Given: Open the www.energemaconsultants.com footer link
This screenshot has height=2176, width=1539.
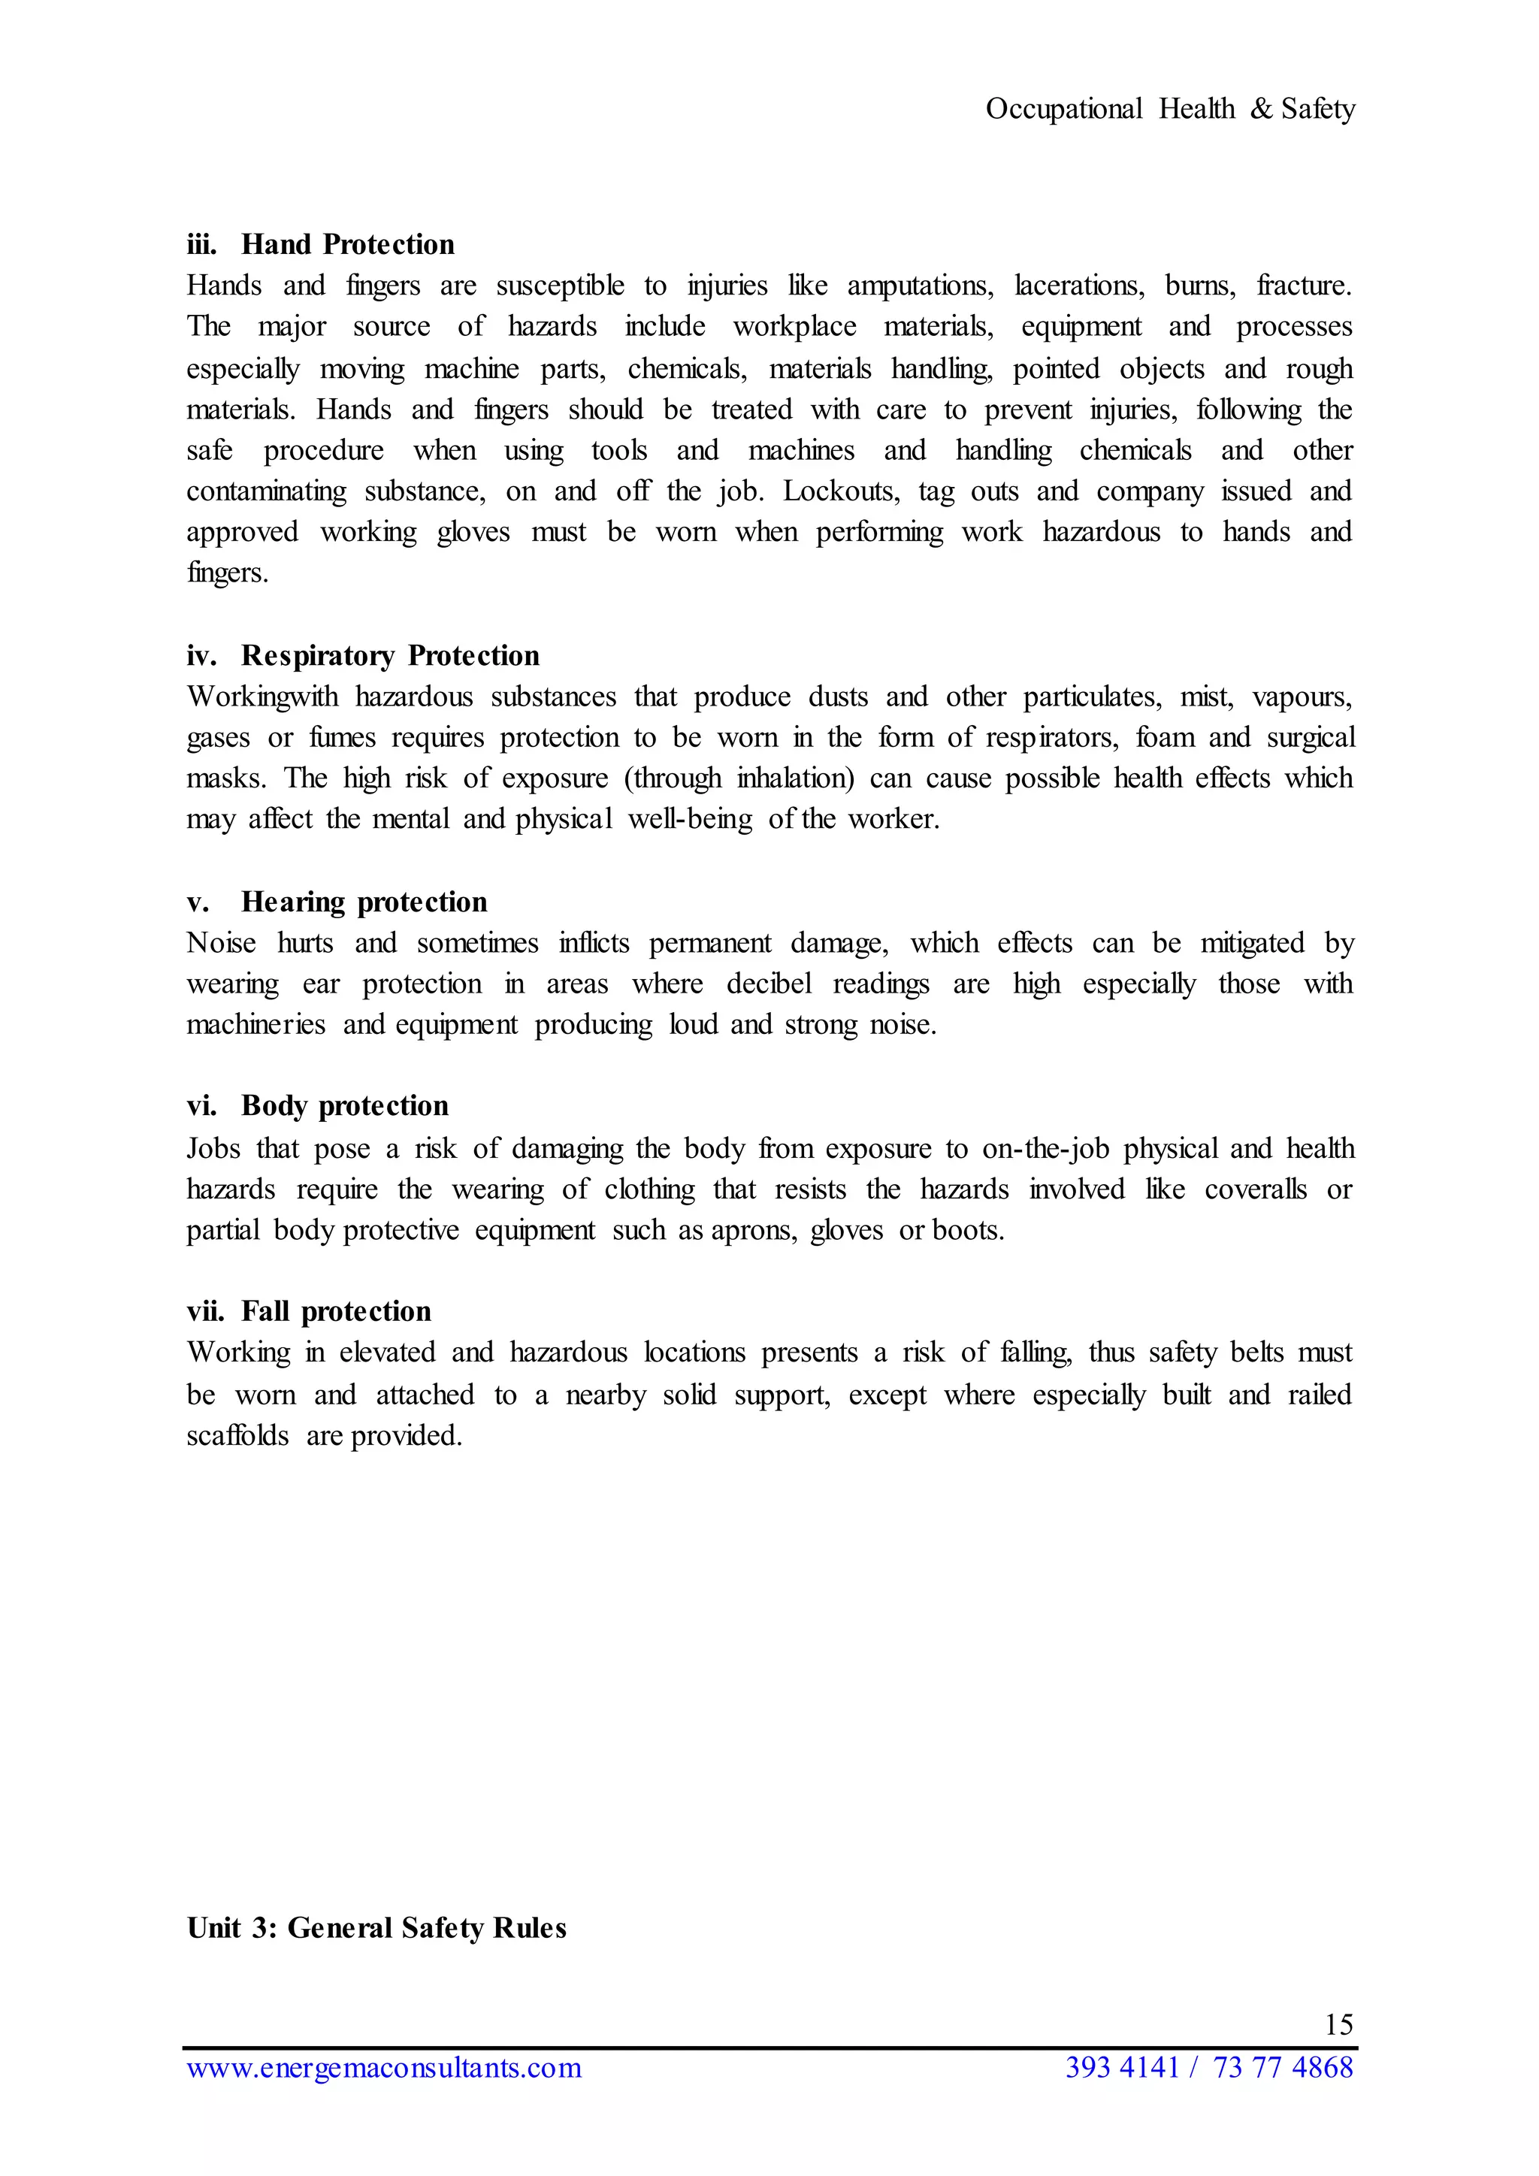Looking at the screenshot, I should [384, 2067].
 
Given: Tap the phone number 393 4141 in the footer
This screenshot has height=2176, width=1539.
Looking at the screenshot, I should [1122, 2067].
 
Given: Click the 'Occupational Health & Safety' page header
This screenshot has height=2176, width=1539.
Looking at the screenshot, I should [1170, 109].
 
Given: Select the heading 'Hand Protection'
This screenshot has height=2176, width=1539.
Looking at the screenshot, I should [348, 244].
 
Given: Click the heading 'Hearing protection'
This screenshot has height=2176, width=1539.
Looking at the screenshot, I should [364, 902].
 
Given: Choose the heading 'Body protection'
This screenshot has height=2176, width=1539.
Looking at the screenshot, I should [345, 1106].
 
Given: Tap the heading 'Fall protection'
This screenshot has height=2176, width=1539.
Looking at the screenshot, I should [337, 1312].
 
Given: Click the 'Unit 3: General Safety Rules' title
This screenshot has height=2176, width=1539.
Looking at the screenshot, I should [376, 1928].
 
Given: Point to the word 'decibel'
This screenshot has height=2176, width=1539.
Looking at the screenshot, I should [769, 984].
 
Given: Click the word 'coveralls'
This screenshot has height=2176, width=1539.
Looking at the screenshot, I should [1256, 1189].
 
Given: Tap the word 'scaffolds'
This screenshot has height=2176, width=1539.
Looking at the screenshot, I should [238, 1436].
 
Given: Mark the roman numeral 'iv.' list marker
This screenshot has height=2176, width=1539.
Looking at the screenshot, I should [201, 656].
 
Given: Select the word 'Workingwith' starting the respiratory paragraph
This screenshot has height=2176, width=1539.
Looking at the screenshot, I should [262, 697].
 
